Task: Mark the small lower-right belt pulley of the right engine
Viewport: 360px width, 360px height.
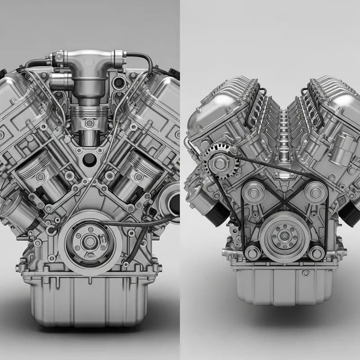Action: point(317,252)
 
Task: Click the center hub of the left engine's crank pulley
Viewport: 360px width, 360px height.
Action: point(90,242)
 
